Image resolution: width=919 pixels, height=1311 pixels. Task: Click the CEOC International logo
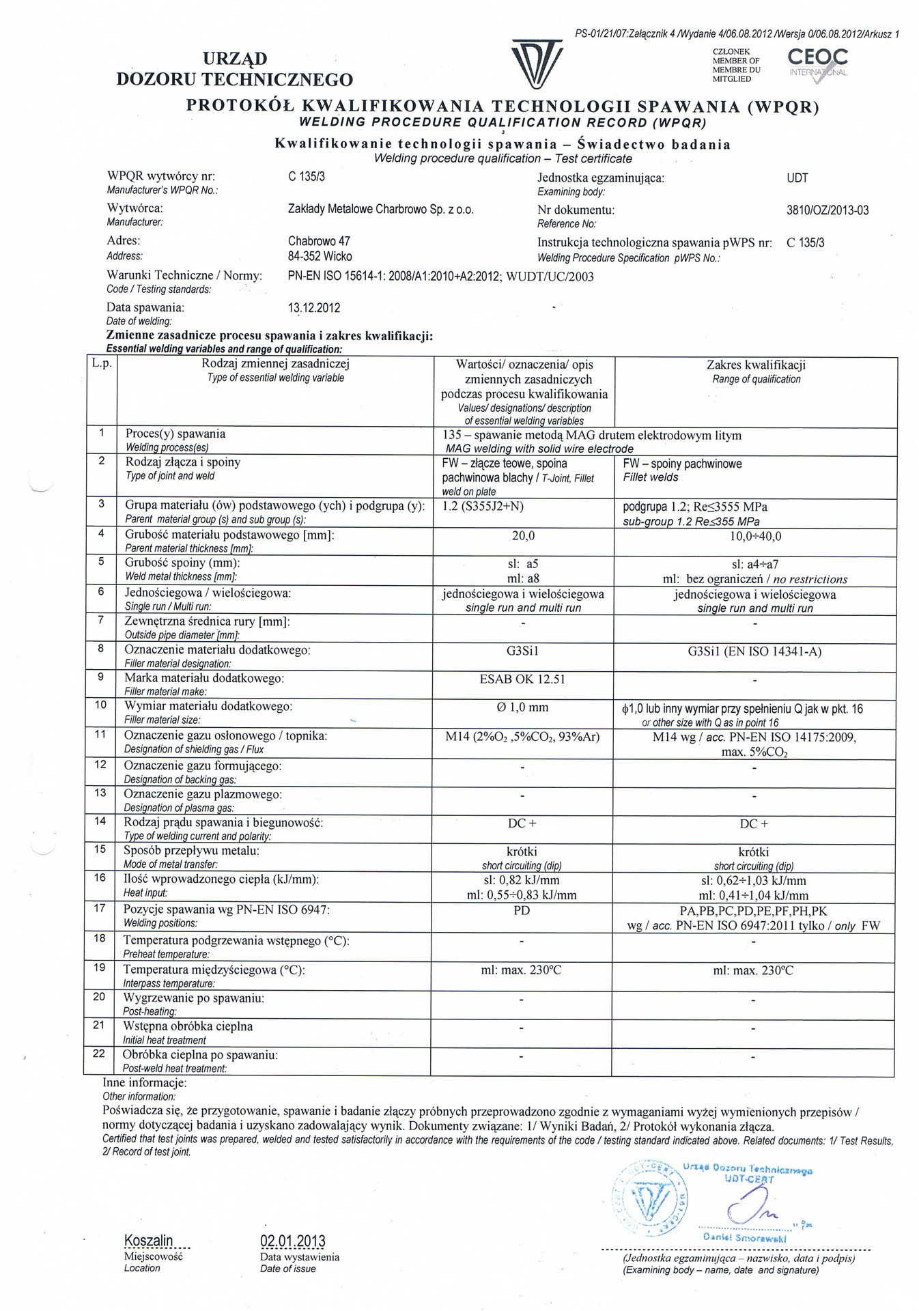pos(817,64)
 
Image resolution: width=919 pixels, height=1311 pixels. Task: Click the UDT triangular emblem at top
pos(537,65)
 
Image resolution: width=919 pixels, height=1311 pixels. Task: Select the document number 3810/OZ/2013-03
pos(828,210)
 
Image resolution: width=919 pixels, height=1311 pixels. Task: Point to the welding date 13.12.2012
pos(314,308)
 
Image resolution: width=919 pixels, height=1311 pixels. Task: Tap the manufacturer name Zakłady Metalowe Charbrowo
pos(380,210)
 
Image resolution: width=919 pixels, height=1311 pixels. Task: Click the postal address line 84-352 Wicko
pos(320,257)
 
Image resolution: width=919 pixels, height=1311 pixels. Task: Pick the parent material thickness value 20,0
pos(523,537)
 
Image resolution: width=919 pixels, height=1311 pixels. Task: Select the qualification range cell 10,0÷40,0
pos(755,537)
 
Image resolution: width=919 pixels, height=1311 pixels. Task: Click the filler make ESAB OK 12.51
pos(523,679)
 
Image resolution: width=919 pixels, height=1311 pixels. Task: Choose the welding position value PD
pos(522,911)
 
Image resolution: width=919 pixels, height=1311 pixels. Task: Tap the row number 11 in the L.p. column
pos(101,734)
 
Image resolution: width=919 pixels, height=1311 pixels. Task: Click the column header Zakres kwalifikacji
pos(756,365)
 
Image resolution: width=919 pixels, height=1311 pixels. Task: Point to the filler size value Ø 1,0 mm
pos(522,708)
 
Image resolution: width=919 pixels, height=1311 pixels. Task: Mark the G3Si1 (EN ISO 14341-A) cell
pos(754,651)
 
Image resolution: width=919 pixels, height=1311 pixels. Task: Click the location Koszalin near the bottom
pos(148,1241)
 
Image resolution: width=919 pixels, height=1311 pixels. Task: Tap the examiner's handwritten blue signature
pos(749,1209)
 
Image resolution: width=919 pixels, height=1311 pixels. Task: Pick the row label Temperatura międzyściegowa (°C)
pos(214,970)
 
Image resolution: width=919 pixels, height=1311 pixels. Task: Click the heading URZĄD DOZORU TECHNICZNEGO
pos(234,70)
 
